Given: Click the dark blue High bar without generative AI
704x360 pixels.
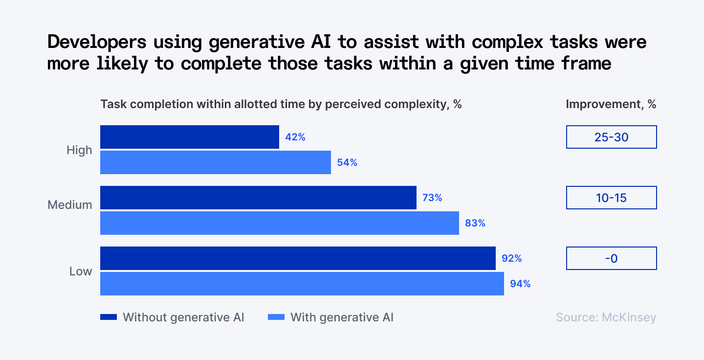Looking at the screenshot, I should [189, 137].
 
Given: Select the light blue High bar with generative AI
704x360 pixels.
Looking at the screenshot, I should [215, 162].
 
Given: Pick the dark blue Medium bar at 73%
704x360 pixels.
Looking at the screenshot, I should [258, 198].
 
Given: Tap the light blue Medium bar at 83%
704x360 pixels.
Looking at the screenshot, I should [279, 223].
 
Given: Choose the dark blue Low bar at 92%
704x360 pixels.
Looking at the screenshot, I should [298, 258].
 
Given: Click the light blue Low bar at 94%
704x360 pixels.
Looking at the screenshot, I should [302, 284].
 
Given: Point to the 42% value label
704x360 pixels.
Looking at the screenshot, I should [295, 137].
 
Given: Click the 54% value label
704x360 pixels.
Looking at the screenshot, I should [347, 163].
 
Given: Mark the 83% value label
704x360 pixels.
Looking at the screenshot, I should [475, 224].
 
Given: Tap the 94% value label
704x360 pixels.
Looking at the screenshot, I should [520, 284].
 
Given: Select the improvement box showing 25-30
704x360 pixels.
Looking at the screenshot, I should [611, 137].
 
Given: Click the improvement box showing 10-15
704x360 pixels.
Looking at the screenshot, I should [611, 198].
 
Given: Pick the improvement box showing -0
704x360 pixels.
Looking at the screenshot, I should [611, 258].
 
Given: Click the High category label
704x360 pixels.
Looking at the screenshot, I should [79, 150].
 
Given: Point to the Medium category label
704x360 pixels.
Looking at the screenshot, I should [70, 205].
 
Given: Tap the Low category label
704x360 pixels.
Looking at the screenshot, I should [81, 271].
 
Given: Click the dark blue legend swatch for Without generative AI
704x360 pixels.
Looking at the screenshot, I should [109, 317].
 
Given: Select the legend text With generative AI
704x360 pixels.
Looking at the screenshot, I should [342, 317].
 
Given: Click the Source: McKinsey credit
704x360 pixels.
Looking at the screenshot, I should [606, 317].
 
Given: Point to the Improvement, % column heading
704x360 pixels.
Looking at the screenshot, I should [611, 104].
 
